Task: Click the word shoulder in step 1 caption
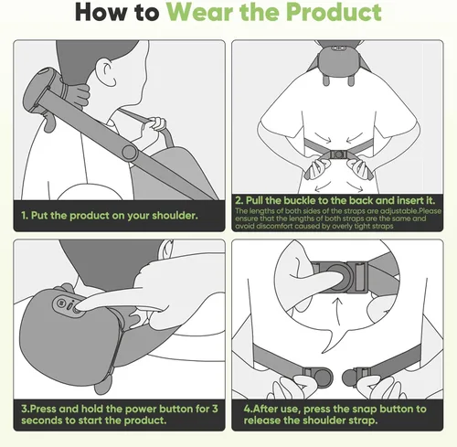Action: click(x=170, y=217)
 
